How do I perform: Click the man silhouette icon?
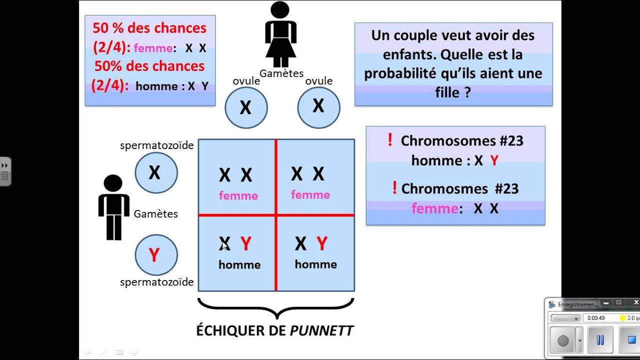coord(113,207)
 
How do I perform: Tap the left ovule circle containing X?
coord(246,107)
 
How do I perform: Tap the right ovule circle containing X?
coord(318,106)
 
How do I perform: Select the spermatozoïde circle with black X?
coord(156,173)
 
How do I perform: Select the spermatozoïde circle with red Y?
coord(156,255)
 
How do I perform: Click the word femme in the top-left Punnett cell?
coord(238,196)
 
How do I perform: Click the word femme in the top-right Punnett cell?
coord(310,195)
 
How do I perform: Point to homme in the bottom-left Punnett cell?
coord(239,265)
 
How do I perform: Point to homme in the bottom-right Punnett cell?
coord(315,264)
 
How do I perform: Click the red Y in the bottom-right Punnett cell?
coord(321,244)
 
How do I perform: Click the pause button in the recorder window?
coord(600,340)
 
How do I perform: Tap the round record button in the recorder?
coord(563,341)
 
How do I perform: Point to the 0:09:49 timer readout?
coord(596,318)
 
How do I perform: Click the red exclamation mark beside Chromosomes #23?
coord(390,140)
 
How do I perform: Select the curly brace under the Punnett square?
coord(276,308)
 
